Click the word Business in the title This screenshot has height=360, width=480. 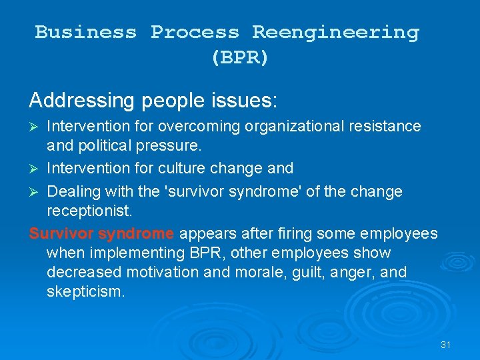(x=85, y=32)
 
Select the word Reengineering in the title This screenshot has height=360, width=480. (x=335, y=32)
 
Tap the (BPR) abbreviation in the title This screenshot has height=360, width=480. (x=240, y=58)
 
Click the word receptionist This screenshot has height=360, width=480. (x=90, y=211)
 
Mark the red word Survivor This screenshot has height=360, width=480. (x=62, y=234)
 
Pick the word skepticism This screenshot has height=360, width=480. (x=85, y=292)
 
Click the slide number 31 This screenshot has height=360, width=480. (x=446, y=345)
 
